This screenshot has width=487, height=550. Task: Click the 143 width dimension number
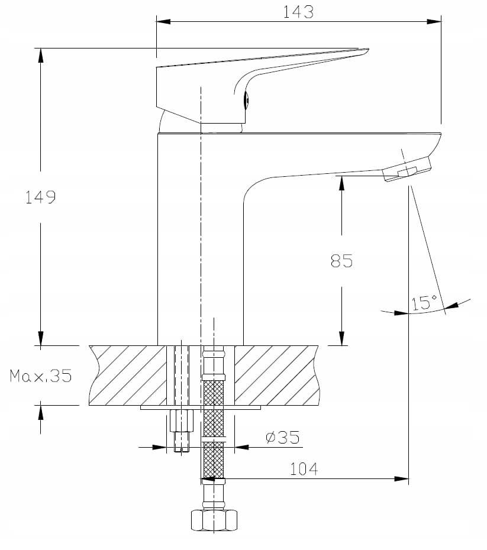299,12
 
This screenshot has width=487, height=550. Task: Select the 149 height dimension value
40,197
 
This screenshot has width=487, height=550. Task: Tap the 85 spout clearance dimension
341,261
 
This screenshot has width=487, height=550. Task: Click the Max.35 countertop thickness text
40,376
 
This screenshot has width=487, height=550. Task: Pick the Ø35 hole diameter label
283,438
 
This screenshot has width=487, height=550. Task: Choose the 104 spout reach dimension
304,469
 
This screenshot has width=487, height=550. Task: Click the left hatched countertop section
127,375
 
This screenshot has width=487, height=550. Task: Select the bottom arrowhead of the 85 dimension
341,339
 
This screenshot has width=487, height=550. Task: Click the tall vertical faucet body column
178,237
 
